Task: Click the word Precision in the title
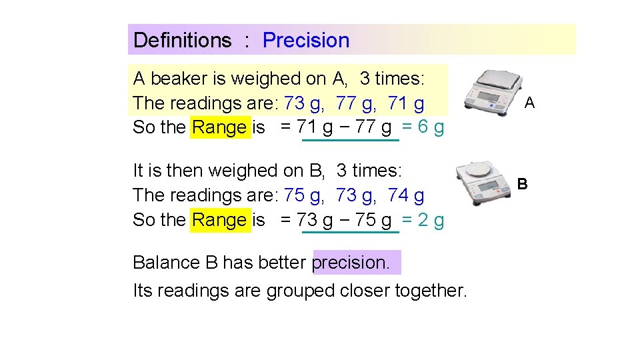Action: tap(306, 40)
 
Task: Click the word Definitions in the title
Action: tap(182, 40)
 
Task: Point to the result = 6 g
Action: tap(423, 127)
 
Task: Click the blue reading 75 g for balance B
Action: tap(304, 195)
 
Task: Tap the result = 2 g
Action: tap(423, 219)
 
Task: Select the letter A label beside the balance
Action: tap(529, 103)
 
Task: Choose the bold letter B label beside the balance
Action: tap(523, 183)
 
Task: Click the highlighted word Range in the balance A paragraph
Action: tap(219, 127)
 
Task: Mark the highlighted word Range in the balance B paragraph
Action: tap(219, 220)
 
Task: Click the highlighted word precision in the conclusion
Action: tap(351, 263)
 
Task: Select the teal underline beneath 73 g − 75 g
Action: tap(350, 233)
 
